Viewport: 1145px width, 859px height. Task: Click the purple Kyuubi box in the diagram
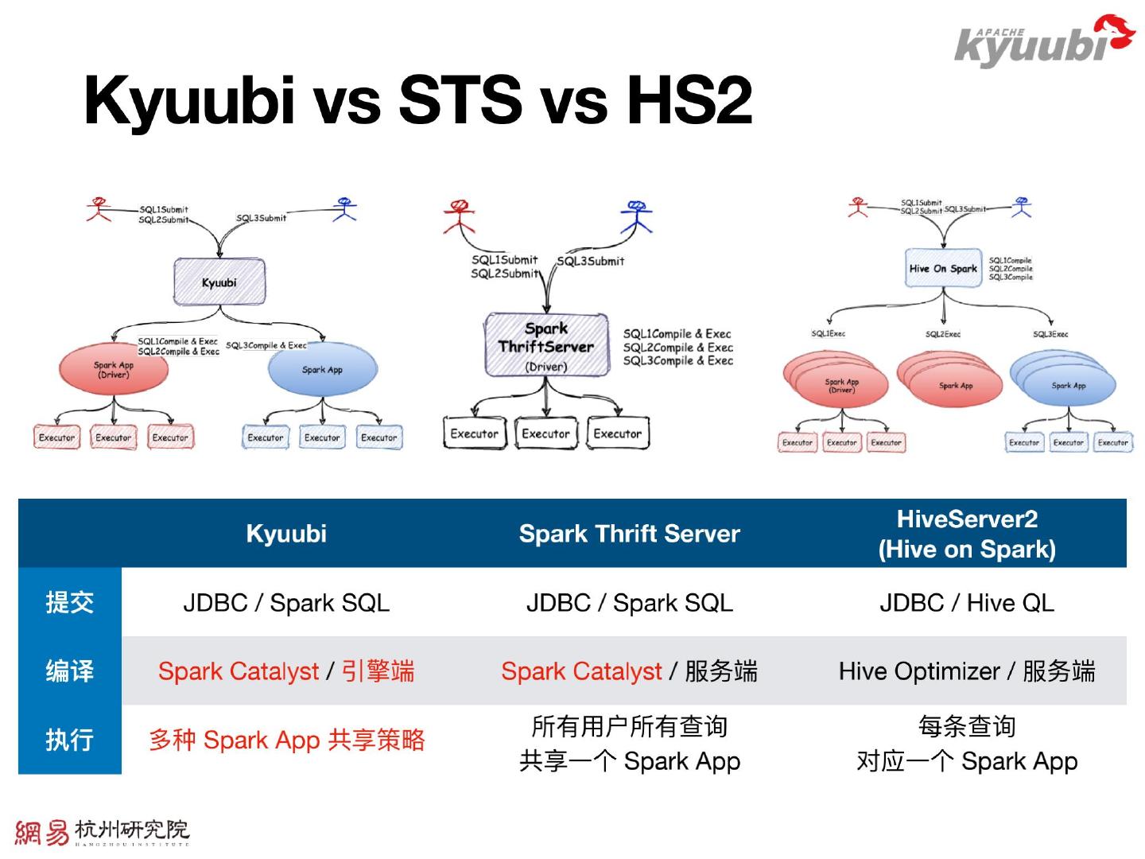pyautogui.click(x=219, y=282)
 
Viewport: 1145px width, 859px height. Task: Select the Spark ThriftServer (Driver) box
pyautogui.click(x=547, y=345)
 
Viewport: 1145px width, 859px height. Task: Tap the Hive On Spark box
pyautogui.click(x=943, y=269)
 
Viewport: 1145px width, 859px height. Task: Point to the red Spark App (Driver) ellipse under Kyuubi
pyautogui.click(x=114, y=371)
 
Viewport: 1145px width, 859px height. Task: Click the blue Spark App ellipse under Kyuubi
pyautogui.click(x=322, y=370)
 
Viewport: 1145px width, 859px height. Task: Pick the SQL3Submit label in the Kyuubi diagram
pyautogui.click(x=261, y=218)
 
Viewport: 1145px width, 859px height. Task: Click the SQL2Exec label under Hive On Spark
pyautogui.click(x=942, y=334)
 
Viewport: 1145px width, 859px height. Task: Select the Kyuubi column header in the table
pyautogui.click(x=286, y=533)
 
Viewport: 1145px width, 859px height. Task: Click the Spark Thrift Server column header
pyautogui.click(x=629, y=533)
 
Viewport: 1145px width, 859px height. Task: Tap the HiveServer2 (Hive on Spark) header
pyautogui.click(x=967, y=534)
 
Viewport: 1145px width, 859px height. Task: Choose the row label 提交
pyautogui.click(x=70, y=602)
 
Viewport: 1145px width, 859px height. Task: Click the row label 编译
pyautogui.click(x=70, y=671)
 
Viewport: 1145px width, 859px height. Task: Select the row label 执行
pyautogui.click(x=70, y=740)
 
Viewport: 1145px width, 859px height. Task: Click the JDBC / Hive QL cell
pyautogui.click(x=967, y=603)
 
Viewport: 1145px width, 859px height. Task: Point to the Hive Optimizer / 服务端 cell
pyautogui.click(x=967, y=671)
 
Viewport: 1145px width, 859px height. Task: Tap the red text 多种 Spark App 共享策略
pyautogui.click(x=286, y=740)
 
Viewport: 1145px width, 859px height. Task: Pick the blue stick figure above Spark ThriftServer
pyautogui.click(x=635, y=216)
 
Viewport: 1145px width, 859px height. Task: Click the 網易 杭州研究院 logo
pyautogui.click(x=102, y=832)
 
